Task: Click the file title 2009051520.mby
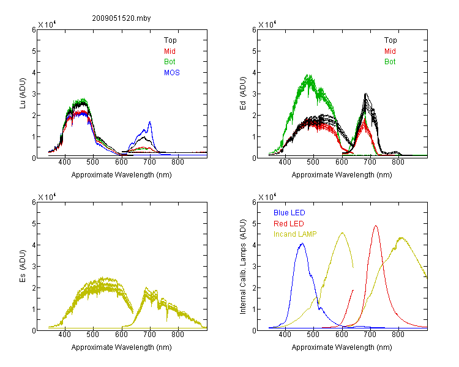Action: coord(121,18)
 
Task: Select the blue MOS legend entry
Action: coord(172,73)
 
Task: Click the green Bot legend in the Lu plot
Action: coord(170,62)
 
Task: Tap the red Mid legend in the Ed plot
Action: coord(390,51)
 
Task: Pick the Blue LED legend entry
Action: coord(289,213)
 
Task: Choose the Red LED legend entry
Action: coord(289,224)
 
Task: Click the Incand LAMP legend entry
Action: coord(295,234)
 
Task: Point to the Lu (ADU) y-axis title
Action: coord(23,93)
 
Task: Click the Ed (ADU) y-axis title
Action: coord(243,93)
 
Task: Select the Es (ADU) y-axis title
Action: coord(23,265)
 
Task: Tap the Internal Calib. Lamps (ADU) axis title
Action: coord(243,267)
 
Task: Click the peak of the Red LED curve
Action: coord(376,226)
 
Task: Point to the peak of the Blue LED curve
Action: coord(302,243)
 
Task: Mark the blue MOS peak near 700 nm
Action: coord(150,122)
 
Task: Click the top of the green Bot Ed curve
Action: coord(309,75)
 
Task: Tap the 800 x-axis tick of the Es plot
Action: coord(177,334)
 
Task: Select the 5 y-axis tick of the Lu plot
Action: coord(34,51)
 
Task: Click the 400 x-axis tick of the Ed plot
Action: coord(285,162)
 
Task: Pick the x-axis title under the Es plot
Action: coord(122,347)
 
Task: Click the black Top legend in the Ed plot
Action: coord(390,40)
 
